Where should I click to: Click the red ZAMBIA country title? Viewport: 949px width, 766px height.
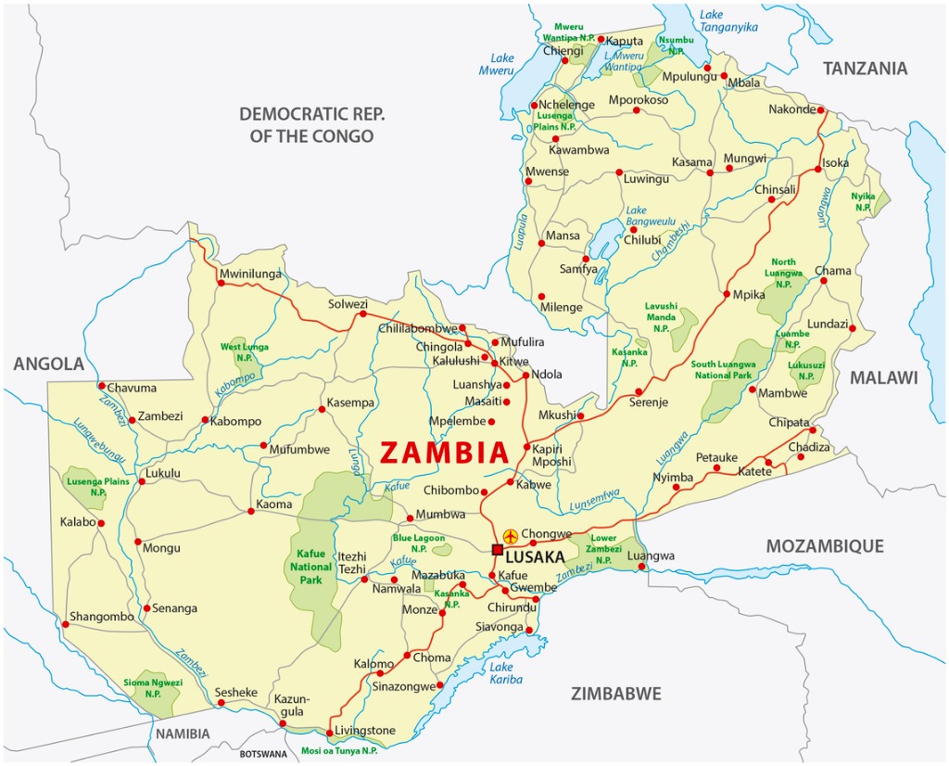coord(445,452)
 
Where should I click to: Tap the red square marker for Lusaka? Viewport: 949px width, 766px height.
coord(498,549)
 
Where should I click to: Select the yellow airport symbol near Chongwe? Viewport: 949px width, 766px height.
coord(510,536)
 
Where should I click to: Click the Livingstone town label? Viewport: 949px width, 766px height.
coord(364,731)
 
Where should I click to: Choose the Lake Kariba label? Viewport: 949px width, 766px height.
coord(506,673)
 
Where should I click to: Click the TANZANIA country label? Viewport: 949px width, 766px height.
coord(865,69)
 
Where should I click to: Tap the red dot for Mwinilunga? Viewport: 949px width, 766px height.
coord(221,283)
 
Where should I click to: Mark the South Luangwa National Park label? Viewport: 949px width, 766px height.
coord(723,370)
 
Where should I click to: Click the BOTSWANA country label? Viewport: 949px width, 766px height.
coord(264,755)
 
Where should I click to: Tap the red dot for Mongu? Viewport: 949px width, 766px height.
coord(137,542)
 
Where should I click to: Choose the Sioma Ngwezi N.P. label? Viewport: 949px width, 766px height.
coord(153,688)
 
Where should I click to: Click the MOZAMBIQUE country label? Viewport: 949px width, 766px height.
coord(824,546)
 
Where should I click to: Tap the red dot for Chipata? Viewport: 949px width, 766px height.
coord(813,430)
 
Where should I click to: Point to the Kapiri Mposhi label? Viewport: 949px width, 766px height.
coord(551,455)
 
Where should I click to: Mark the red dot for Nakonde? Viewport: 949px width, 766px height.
coord(822,109)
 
